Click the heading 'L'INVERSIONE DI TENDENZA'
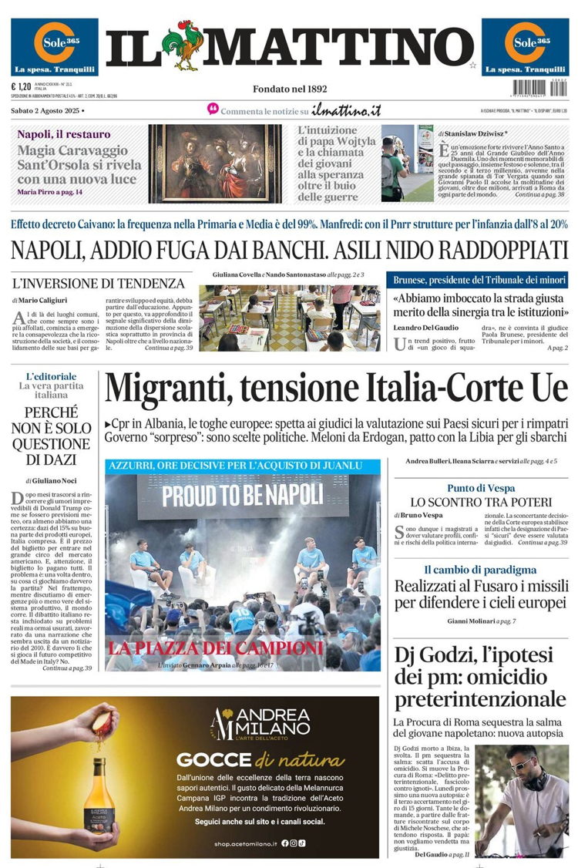pos(99,283)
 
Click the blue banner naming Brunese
pos(480,280)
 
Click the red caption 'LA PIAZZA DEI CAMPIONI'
pos(215,647)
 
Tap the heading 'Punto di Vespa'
pos(480,488)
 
